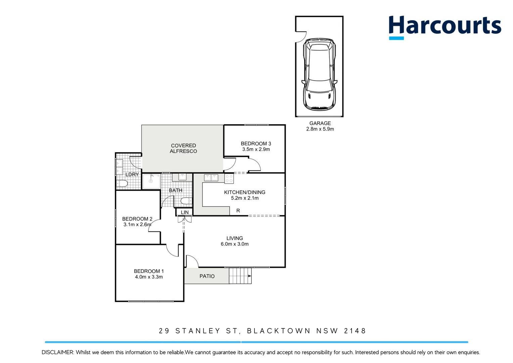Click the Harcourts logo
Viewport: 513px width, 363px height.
(445, 27)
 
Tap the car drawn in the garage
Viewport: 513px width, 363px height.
(319, 74)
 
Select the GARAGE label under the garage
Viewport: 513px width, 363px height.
(320, 123)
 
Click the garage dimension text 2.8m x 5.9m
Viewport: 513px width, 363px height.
(320, 129)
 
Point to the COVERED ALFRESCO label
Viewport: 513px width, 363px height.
(183, 148)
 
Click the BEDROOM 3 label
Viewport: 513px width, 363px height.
(256, 144)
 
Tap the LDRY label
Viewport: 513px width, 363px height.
(132, 174)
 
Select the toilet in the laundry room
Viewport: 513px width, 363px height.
(122, 184)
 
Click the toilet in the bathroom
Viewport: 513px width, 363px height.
(186, 201)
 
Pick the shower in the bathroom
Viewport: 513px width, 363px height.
(151, 181)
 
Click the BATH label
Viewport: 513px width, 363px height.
(175, 190)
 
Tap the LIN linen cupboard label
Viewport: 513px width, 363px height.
(185, 212)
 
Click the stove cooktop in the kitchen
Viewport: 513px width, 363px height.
(229, 178)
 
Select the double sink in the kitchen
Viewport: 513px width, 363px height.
(211, 177)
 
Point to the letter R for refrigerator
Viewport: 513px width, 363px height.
(238, 211)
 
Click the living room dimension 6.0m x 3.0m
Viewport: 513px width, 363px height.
(235, 244)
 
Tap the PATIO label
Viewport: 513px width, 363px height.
(207, 276)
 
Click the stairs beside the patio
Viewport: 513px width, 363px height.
(240, 276)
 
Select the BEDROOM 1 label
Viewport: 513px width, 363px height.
(149, 271)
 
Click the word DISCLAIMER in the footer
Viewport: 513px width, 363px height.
(57, 352)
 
